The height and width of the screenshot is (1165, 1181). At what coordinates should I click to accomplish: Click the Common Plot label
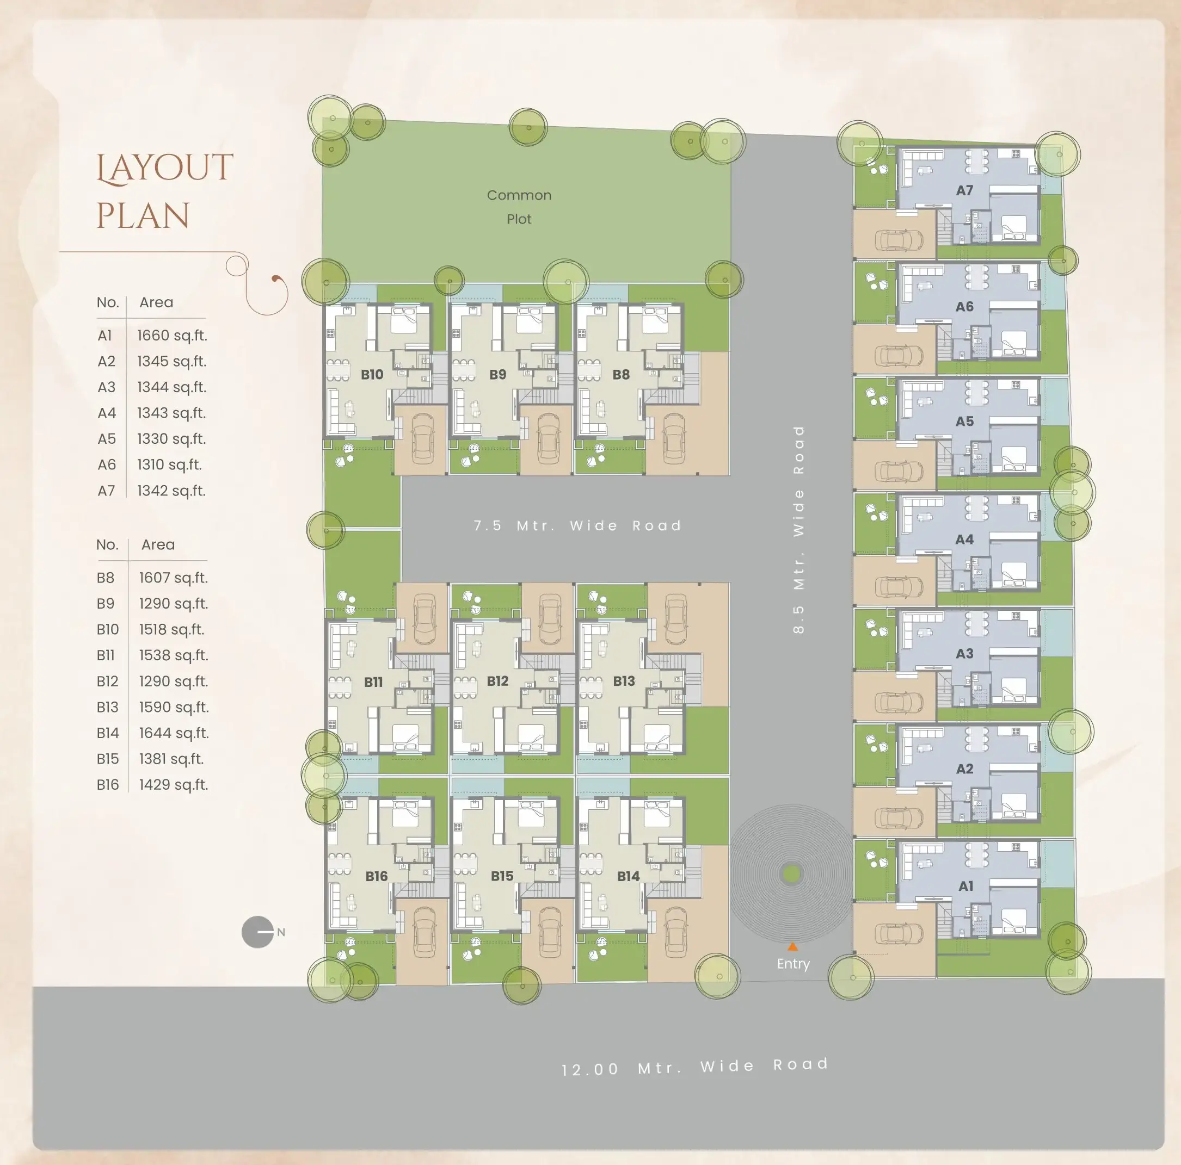(519, 207)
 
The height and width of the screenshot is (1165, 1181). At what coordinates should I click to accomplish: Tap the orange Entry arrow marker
(792, 946)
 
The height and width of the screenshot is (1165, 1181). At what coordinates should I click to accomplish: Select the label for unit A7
(964, 190)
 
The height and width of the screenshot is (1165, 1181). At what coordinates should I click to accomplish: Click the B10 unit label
(372, 375)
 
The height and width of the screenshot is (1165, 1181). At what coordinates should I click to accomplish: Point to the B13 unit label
(624, 680)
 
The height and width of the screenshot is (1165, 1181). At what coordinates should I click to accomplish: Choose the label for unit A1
(965, 886)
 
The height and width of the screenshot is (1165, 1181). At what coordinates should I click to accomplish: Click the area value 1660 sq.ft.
(172, 336)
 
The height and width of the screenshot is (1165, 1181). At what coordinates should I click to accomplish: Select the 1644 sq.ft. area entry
(174, 733)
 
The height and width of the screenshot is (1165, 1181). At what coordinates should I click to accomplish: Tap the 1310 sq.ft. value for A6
(169, 465)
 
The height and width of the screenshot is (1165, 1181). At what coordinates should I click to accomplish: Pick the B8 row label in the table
(105, 578)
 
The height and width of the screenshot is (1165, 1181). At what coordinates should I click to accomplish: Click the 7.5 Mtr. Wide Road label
(577, 525)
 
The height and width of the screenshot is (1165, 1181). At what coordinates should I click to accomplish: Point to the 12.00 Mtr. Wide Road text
(695, 1067)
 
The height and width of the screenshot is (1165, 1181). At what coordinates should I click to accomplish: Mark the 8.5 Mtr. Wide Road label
(798, 530)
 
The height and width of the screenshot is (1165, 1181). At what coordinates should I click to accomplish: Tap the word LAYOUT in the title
(165, 168)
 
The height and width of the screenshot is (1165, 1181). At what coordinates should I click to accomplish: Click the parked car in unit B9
(549, 438)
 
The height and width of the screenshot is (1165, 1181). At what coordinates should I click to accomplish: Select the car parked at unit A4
(898, 586)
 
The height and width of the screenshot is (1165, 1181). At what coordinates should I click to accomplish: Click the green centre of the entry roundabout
(792, 874)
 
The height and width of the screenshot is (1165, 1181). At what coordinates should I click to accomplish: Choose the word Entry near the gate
(793, 964)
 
